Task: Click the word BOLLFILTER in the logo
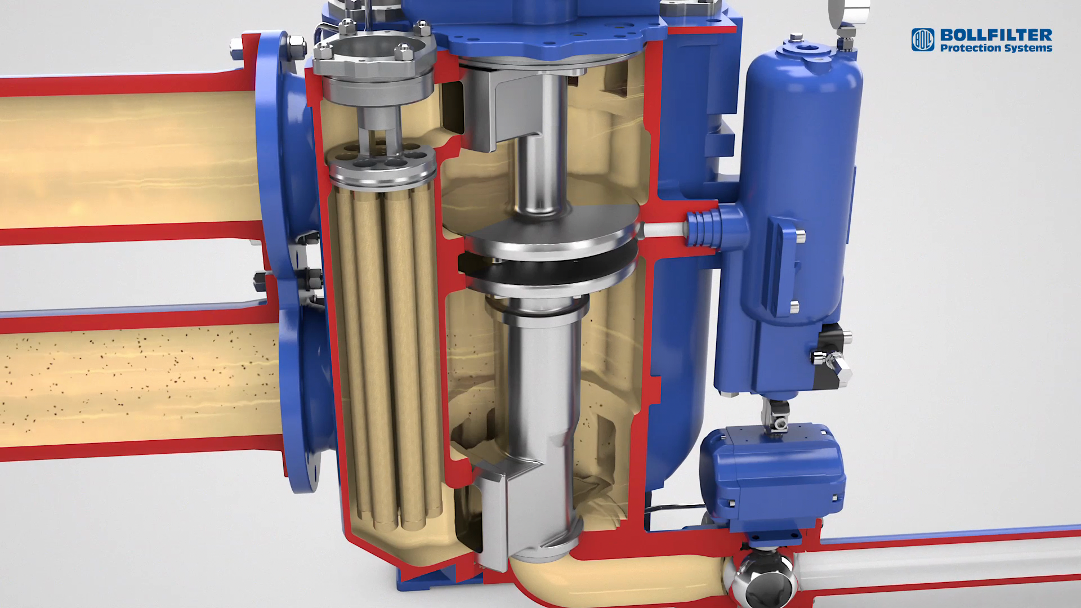(x=996, y=35)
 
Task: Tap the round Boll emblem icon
(x=923, y=40)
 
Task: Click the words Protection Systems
(x=996, y=48)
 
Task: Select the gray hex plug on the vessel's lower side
(x=837, y=366)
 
